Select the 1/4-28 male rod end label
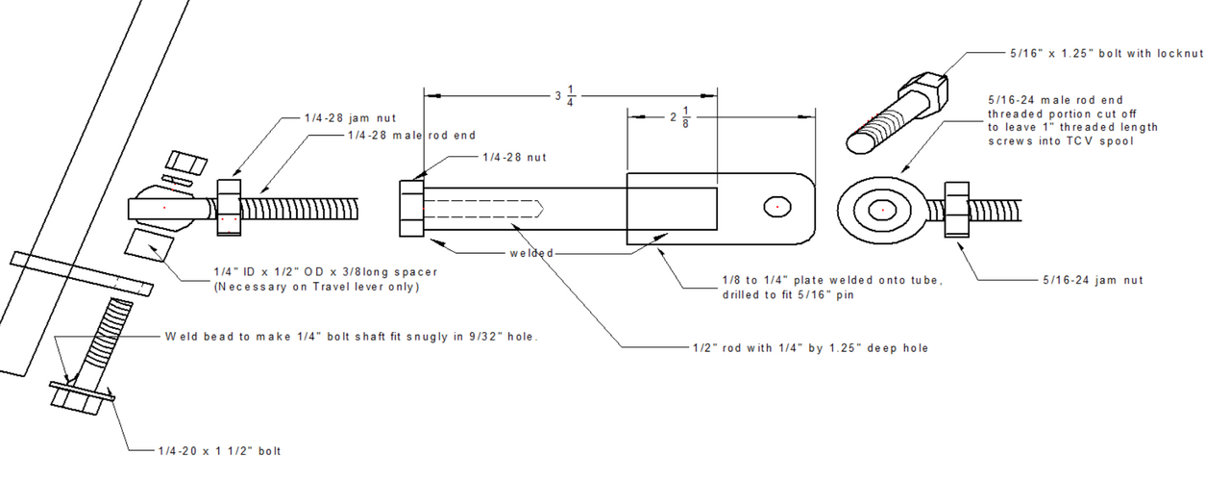[x=411, y=136]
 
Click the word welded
[x=532, y=253]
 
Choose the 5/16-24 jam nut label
[x=1093, y=280]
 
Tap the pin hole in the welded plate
[x=779, y=207]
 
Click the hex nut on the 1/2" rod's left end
[x=411, y=208]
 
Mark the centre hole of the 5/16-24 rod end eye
[x=882, y=209]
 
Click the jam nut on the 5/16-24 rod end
[x=959, y=209]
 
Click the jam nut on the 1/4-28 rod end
[x=229, y=207]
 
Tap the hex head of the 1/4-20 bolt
[x=79, y=396]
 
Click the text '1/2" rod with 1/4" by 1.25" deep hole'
[x=810, y=347]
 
